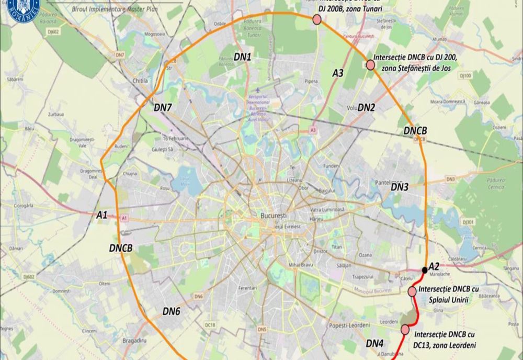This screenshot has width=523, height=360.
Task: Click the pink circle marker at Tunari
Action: pyautogui.click(x=317, y=20)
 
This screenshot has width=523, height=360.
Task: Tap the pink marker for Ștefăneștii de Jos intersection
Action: pyautogui.click(x=370, y=65)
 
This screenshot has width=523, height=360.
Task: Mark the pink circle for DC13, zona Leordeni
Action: pyautogui.click(x=405, y=329)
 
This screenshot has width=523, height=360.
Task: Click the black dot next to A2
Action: pyautogui.click(x=424, y=270)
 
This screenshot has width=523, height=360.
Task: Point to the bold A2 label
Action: pyautogui.click(x=434, y=267)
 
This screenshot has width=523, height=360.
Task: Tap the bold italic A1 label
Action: pyautogui.click(x=102, y=215)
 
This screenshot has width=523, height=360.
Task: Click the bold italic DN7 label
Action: pyautogui.click(x=163, y=107)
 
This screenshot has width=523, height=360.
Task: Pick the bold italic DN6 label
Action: pyautogui.click(x=171, y=311)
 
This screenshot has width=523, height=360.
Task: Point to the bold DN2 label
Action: pyautogui.click(x=367, y=108)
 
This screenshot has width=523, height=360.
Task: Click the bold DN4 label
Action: pyautogui.click(x=374, y=343)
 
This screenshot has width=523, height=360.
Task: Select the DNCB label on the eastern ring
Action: pyautogui.click(x=416, y=130)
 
